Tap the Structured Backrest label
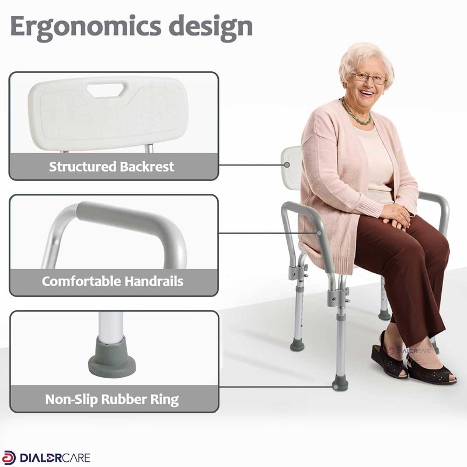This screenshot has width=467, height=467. click(x=111, y=166)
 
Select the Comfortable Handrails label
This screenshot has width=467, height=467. click(x=112, y=281)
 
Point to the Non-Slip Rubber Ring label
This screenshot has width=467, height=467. click(x=112, y=399)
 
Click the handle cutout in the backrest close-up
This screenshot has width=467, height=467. click(x=106, y=90)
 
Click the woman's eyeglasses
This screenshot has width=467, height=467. click(x=369, y=78)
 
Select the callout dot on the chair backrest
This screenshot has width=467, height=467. click(x=287, y=165)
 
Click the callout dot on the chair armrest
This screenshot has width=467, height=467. click(x=319, y=233)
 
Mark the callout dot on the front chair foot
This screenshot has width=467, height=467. click(x=336, y=387)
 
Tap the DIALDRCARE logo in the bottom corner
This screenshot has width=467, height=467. click(x=46, y=458)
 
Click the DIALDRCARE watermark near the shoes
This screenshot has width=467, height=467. click(x=410, y=351)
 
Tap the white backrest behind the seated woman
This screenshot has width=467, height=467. click(x=291, y=168)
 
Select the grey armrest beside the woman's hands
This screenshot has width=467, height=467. click(x=435, y=208)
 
